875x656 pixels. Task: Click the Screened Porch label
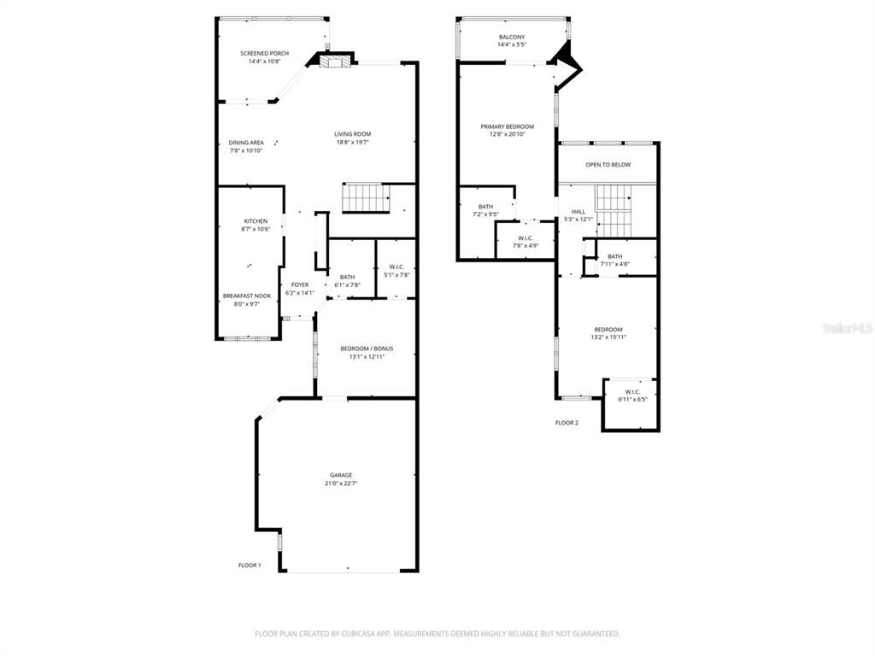pos(264,54)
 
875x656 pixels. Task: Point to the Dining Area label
pos(245,143)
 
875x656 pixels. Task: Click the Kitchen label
pos(255,221)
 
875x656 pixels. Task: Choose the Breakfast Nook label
pos(247,296)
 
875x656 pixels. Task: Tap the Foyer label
pos(300,284)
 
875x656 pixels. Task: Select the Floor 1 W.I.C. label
pos(396,266)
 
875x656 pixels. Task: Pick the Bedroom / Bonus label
pos(367,348)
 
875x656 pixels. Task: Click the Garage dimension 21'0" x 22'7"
pos(341,483)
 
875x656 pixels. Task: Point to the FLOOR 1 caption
pos(250,565)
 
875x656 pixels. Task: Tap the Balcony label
pos(512,37)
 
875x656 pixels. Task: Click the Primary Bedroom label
pos(507,126)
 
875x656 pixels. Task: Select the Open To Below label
pos(608,165)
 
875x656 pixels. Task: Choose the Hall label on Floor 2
pos(578,212)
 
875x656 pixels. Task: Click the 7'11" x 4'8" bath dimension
pos(615,265)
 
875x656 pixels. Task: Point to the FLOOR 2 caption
pos(567,423)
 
